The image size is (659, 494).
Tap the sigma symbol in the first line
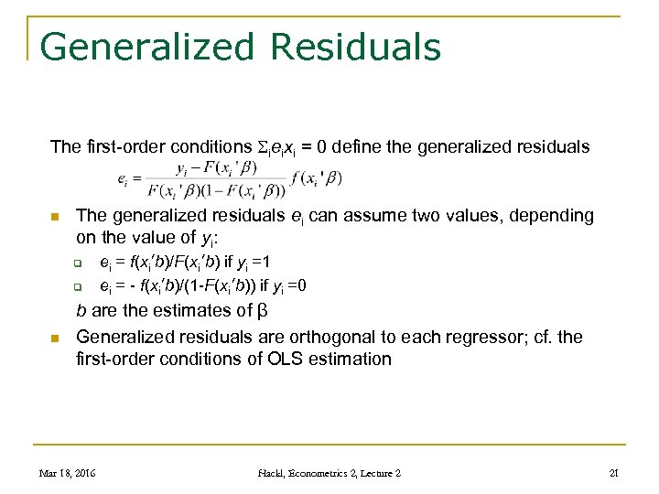[267, 146]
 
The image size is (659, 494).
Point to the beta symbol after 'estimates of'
[259, 311]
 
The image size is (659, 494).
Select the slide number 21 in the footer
[615, 473]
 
